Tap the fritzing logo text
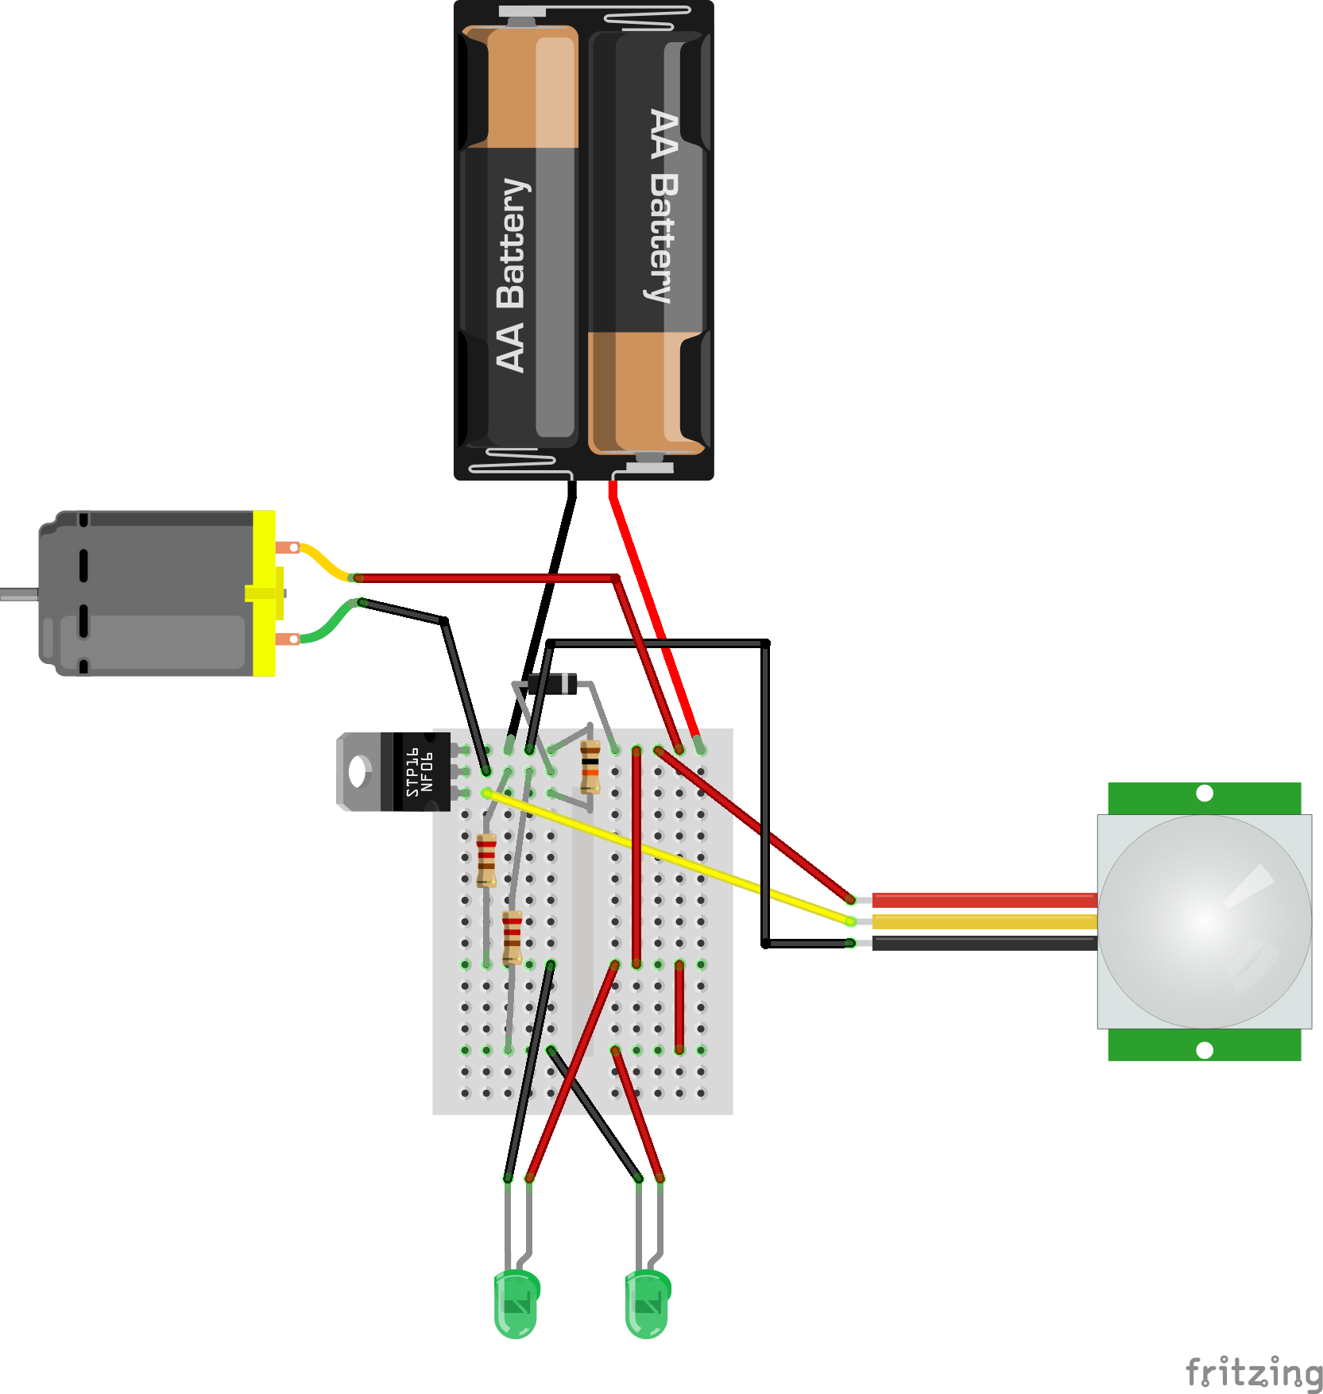1253,1373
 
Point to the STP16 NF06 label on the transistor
420,772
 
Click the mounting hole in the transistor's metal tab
358,771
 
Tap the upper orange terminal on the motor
288,547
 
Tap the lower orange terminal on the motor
288,639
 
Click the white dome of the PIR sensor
1205,921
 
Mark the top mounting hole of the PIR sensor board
1205,793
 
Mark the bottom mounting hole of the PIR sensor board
1205,1050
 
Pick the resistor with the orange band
590,767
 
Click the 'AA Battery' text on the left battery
512,274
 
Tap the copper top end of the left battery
520,87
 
